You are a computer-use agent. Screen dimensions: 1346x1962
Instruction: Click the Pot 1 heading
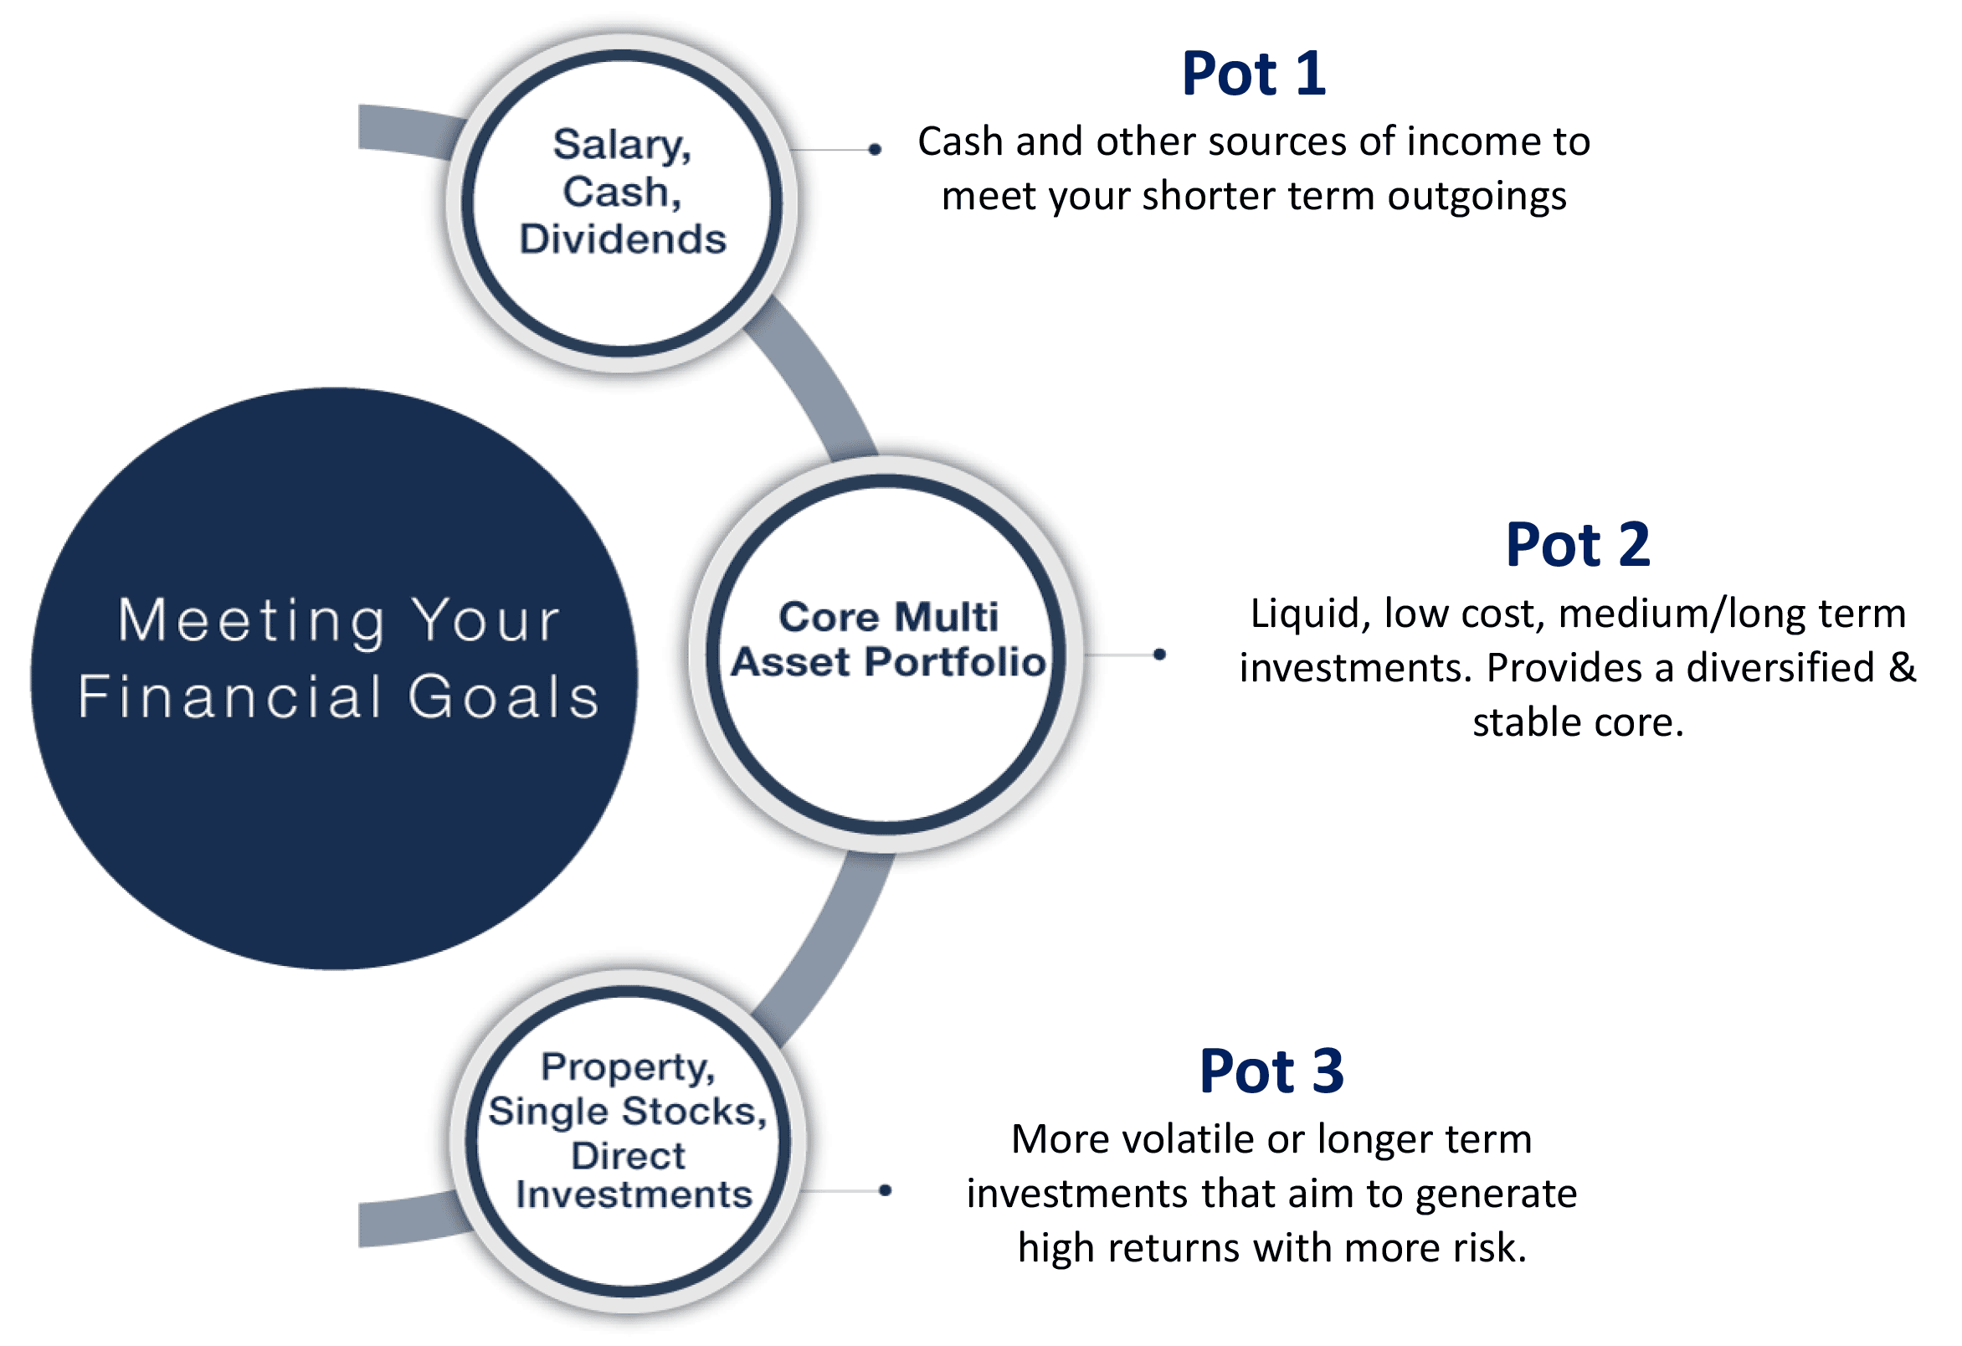(x=1253, y=74)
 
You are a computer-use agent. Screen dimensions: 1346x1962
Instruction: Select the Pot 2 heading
(x=1577, y=545)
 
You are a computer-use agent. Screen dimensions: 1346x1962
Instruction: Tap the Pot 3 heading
(x=1271, y=1071)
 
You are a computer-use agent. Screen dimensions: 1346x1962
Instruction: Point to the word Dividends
(x=623, y=239)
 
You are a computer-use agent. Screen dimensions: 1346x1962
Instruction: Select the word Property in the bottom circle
(x=627, y=1068)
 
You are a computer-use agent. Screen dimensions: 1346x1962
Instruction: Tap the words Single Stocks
(x=627, y=1112)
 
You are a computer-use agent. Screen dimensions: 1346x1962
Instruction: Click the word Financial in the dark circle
(x=230, y=696)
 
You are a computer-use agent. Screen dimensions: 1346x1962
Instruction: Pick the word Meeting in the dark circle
(x=251, y=620)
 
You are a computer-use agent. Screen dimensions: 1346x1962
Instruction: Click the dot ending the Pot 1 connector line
(x=876, y=151)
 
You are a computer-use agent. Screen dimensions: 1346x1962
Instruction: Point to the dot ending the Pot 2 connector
(x=1160, y=655)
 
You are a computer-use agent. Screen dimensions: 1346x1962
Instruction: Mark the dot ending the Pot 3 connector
(x=885, y=1191)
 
